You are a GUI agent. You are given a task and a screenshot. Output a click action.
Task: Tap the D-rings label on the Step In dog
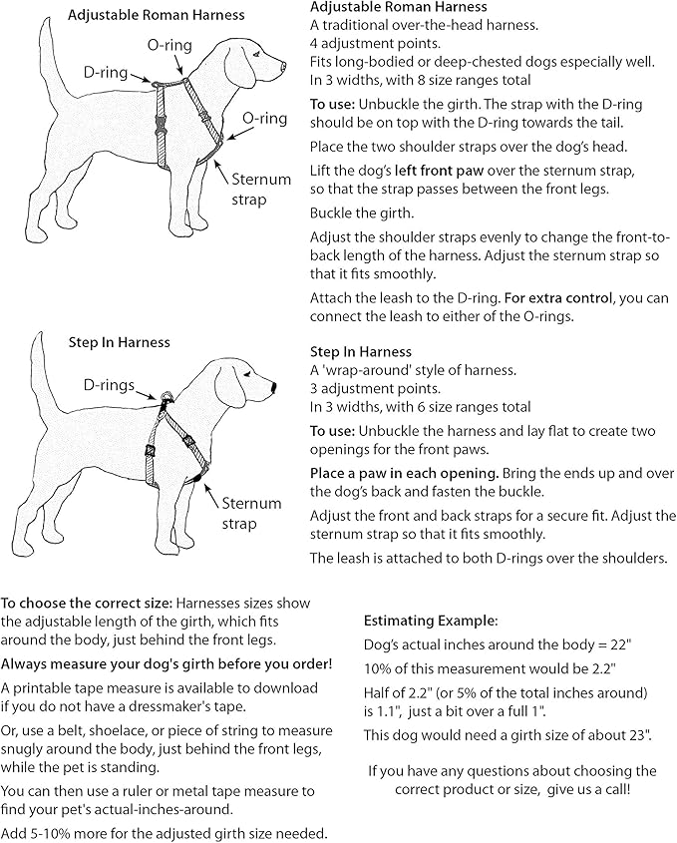(110, 383)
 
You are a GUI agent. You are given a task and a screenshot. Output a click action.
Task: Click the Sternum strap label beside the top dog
(262, 190)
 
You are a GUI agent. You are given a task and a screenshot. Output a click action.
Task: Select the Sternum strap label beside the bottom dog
(251, 514)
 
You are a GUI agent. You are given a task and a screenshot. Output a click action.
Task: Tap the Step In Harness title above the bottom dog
(120, 342)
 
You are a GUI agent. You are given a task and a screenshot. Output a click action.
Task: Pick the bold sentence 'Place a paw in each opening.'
(406, 471)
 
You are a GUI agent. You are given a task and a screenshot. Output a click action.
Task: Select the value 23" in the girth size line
(638, 735)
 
